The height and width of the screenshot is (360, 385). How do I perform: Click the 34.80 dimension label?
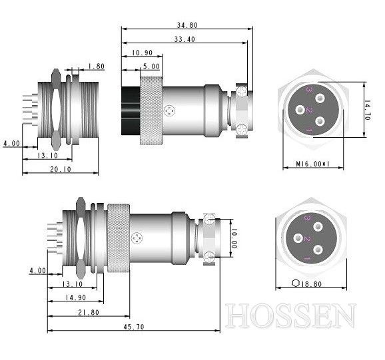[x=187, y=25]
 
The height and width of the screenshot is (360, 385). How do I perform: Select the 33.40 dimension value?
[x=185, y=39]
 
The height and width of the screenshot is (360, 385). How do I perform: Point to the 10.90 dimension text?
[x=142, y=53]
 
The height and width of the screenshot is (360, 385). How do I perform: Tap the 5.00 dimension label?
[x=151, y=67]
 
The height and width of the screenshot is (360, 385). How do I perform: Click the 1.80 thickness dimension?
[x=96, y=67]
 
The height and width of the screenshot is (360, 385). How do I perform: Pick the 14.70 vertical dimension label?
[x=367, y=110]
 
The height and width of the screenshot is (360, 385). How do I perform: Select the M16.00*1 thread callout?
[x=312, y=164]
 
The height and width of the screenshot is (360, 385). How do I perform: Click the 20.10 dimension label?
[x=61, y=169]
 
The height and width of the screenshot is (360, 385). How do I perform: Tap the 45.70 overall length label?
[x=134, y=327]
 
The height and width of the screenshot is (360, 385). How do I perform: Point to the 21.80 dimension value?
[x=89, y=313]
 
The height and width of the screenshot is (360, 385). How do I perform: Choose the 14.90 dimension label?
[x=75, y=297]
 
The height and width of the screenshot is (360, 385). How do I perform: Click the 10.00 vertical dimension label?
[x=234, y=238]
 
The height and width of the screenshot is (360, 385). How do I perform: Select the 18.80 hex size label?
[x=311, y=284]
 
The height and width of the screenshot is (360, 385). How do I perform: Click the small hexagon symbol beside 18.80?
[x=296, y=283]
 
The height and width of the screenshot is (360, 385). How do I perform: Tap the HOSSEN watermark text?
[x=290, y=315]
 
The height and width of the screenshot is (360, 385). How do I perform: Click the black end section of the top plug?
[x=131, y=110]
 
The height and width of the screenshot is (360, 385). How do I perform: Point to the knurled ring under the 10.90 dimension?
[x=151, y=110]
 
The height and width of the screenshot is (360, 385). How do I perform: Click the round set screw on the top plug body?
[x=170, y=111]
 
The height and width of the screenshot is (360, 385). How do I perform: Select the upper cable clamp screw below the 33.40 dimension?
[x=241, y=92]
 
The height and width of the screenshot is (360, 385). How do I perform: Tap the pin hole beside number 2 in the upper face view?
[x=300, y=110]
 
